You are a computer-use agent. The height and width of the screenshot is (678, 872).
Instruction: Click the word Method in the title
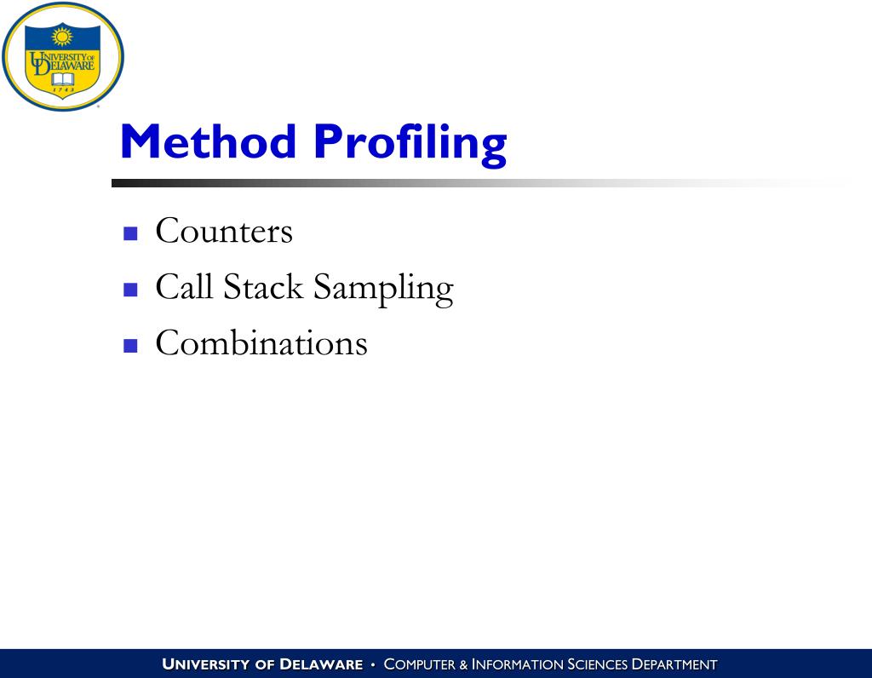pos(209,141)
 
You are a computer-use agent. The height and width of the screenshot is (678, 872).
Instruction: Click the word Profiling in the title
pos(410,143)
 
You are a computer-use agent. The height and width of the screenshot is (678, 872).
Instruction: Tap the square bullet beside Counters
pos(130,233)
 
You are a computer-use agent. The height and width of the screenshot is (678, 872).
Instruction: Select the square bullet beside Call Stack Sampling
pos(130,290)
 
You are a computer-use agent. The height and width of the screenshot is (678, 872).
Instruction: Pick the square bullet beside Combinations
pos(130,345)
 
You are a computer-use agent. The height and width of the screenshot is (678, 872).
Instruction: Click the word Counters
pos(224,232)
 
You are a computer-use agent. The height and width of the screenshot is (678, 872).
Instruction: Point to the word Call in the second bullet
pos(183,287)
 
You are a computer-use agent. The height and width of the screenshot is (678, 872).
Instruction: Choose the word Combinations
pos(261,343)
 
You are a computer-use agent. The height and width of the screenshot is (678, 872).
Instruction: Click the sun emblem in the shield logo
pos(62,37)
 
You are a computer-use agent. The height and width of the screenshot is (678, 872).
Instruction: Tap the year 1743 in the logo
pos(63,89)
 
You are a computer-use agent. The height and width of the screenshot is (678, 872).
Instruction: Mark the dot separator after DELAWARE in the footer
pos(373,664)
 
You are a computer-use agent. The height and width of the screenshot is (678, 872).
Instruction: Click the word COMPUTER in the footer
pos(421,664)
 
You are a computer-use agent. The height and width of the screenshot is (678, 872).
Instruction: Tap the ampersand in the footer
pos(464,664)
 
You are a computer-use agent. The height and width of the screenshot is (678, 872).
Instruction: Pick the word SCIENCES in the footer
pos(597,664)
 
